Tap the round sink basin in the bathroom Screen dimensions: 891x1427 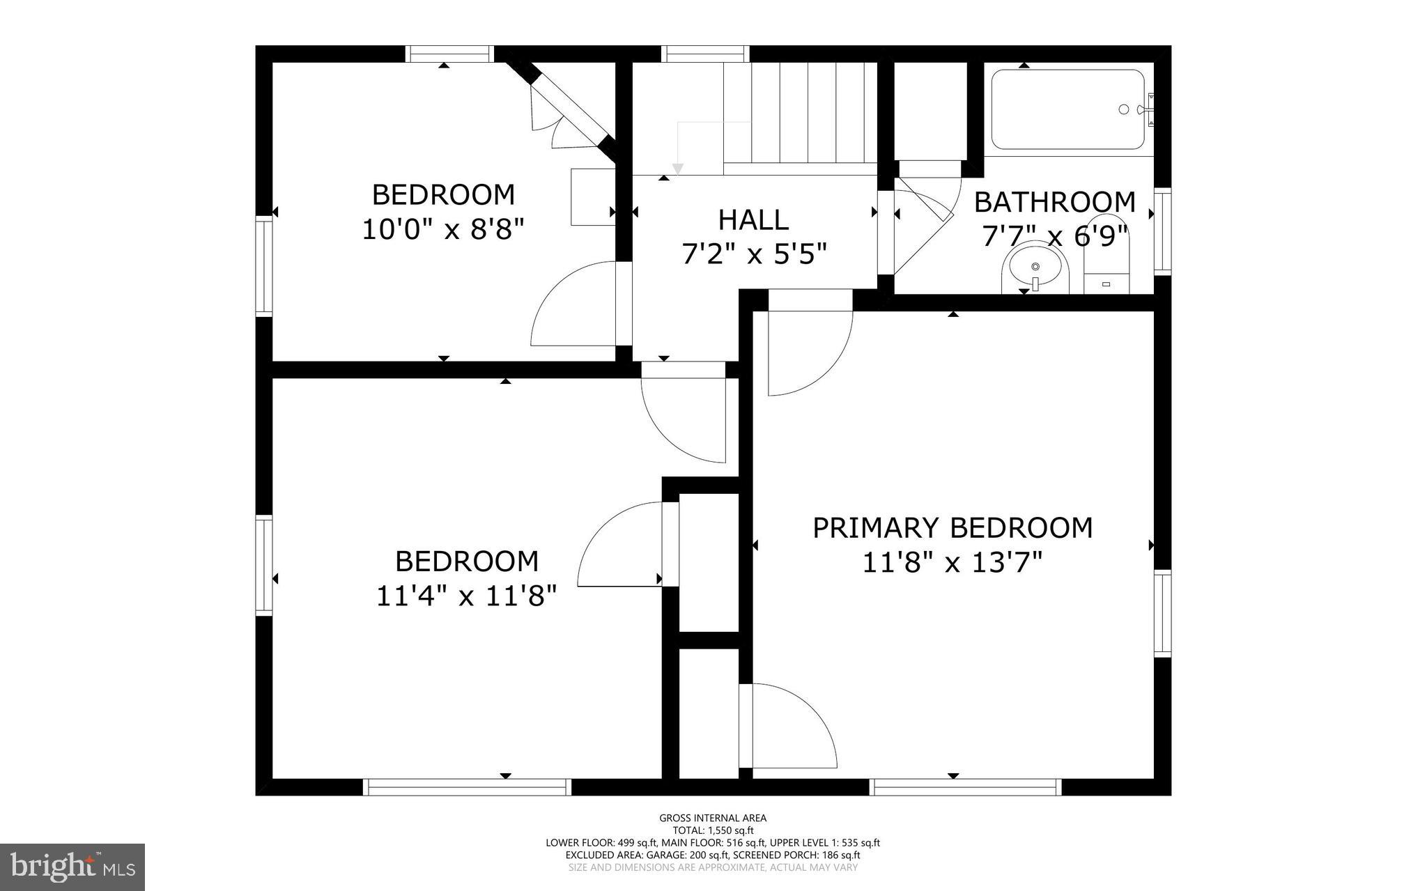(x=1035, y=268)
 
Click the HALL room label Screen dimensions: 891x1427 (x=753, y=220)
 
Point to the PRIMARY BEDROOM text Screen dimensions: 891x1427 (x=952, y=528)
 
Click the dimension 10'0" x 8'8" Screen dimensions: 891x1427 (x=442, y=229)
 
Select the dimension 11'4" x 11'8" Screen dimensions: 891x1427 (x=466, y=596)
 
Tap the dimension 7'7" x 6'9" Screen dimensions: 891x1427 (x=1054, y=237)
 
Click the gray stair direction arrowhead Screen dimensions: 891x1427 (x=677, y=169)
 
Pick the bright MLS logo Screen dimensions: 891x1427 (x=72, y=867)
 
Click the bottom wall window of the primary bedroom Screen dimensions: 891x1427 (x=966, y=787)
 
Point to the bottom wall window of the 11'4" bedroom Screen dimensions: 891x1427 (x=467, y=787)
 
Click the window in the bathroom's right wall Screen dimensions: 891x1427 (x=1162, y=230)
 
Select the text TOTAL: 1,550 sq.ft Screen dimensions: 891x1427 (x=713, y=830)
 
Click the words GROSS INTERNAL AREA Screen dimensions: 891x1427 (x=713, y=818)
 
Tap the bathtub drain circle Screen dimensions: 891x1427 (x=1123, y=109)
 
